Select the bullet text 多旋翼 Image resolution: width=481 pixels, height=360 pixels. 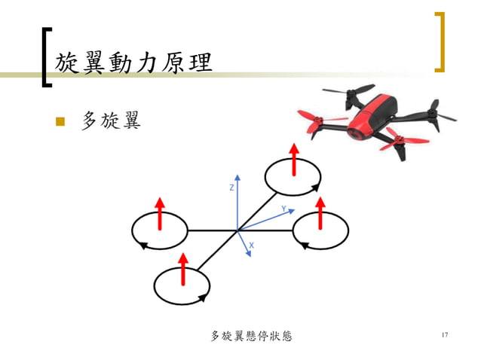110,121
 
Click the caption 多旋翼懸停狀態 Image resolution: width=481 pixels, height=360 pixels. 250,336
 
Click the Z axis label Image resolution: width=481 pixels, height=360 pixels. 231,188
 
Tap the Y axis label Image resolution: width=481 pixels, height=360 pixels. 283,208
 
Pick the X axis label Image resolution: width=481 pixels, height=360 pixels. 251,246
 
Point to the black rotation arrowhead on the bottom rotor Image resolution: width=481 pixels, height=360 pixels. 202,298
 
